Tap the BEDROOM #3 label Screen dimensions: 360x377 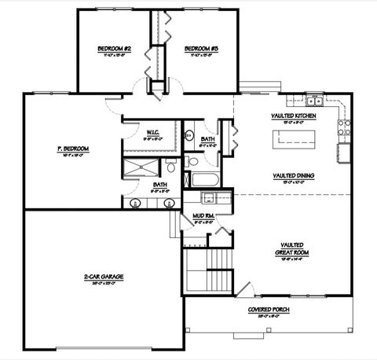[201, 49]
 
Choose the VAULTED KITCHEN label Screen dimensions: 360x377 [295, 116]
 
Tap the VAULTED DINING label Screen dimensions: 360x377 [295, 175]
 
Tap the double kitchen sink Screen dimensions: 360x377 [314, 101]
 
